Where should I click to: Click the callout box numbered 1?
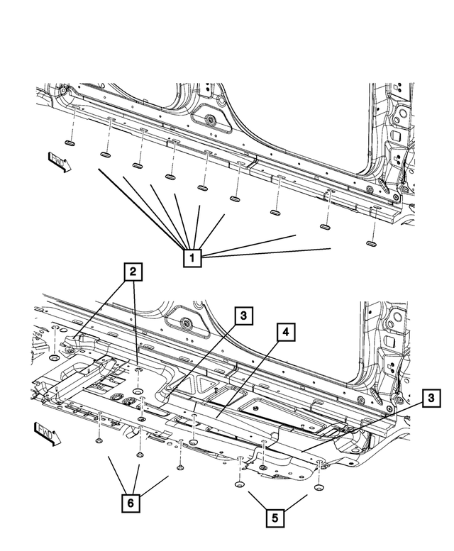click(x=192, y=257)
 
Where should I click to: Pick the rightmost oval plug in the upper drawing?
click(x=371, y=243)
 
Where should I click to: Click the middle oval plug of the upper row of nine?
click(x=201, y=190)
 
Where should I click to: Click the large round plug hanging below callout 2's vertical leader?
click(x=138, y=392)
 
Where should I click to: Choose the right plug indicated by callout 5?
click(x=319, y=489)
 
